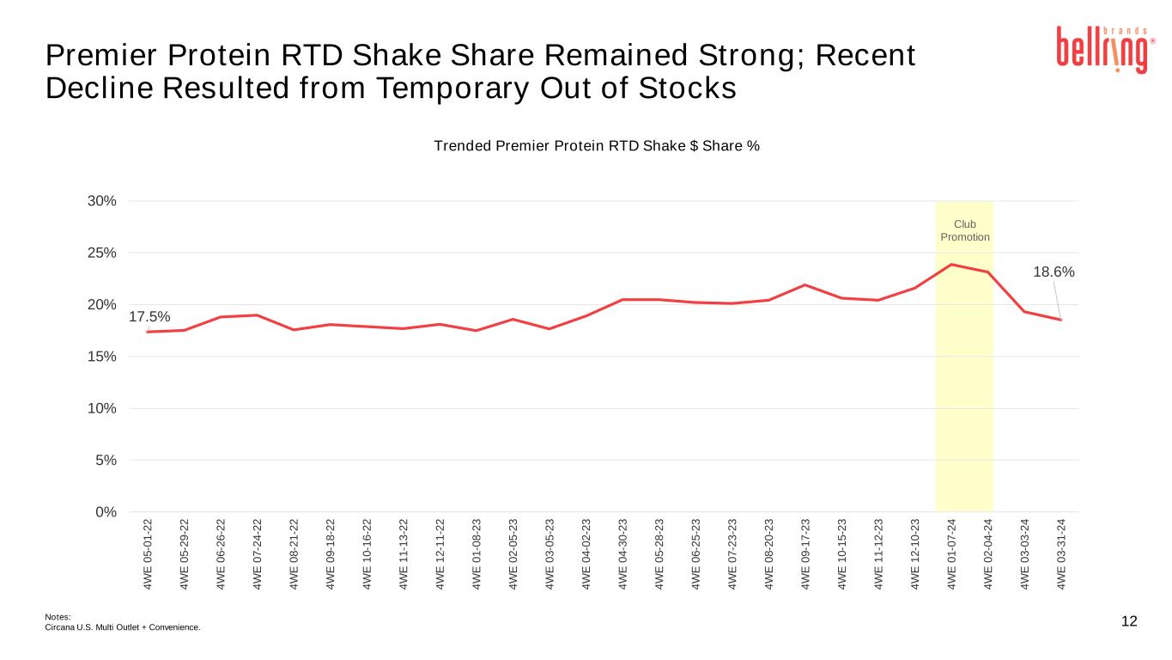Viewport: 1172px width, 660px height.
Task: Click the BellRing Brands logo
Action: (x=1103, y=49)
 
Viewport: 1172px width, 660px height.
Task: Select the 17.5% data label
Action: (x=149, y=318)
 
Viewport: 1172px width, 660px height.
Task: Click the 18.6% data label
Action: (x=1054, y=272)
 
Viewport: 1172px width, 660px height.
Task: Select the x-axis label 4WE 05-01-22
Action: (x=148, y=554)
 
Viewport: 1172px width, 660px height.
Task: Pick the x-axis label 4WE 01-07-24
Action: (x=951, y=554)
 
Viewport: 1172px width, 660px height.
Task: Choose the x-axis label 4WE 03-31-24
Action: (x=1061, y=554)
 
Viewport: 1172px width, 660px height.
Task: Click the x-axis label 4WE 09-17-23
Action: (x=805, y=554)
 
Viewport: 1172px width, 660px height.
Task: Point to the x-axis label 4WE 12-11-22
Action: (x=440, y=554)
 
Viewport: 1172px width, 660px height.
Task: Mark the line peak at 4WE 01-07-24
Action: (x=951, y=265)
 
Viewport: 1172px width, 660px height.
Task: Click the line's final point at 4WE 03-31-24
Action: (x=1060, y=320)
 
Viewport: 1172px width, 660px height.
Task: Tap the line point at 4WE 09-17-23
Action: (x=805, y=284)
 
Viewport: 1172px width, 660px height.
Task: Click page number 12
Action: (x=1129, y=621)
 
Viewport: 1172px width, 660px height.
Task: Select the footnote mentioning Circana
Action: (x=122, y=627)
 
